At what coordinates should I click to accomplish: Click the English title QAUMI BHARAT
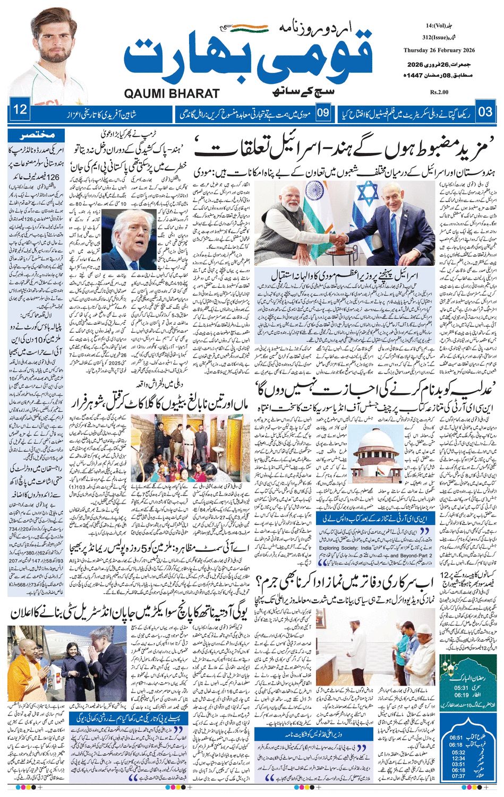point(172,93)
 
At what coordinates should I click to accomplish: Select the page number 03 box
point(485,112)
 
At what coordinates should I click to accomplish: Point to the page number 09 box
point(323,112)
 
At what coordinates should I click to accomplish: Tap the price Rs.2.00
point(440,92)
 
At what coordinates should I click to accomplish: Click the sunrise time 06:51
point(456,738)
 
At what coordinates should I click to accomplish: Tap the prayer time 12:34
point(456,758)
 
